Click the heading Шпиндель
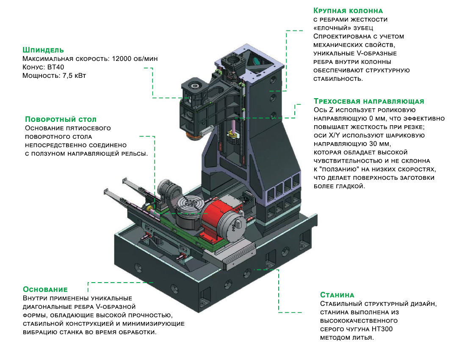(43, 50)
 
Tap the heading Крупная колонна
(348, 10)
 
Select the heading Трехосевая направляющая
(368, 102)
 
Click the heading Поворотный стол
(61, 119)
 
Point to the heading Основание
(45, 289)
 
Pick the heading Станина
(337, 295)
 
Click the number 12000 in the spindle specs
(122, 59)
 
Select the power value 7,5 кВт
(76, 76)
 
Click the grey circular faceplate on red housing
(235, 228)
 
